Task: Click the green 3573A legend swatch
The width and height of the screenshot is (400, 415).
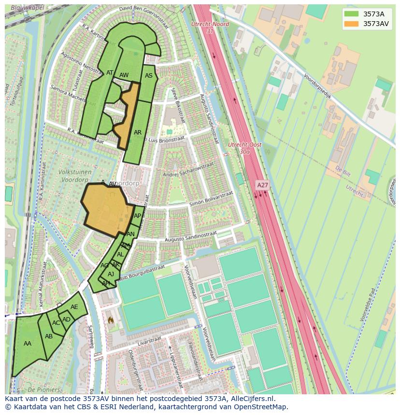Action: pyautogui.click(x=351, y=14)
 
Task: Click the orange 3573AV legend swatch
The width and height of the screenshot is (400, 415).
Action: pyautogui.click(x=351, y=24)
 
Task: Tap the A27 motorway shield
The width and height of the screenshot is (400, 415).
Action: pyautogui.click(x=262, y=185)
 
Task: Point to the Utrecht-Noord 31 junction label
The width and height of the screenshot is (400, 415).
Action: pyautogui.click(x=210, y=27)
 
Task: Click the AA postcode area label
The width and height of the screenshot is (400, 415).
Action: pyautogui.click(x=28, y=344)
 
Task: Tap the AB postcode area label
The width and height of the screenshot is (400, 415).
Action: pyautogui.click(x=49, y=336)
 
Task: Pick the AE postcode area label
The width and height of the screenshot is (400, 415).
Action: pyautogui.click(x=74, y=307)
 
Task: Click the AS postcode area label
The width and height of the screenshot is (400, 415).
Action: pyautogui.click(x=149, y=76)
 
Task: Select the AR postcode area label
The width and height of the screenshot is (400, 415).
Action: pyautogui.click(x=138, y=133)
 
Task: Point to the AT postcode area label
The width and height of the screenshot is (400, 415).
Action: pyautogui.click(x=110, y=73)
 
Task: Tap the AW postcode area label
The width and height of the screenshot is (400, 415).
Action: pyautogui.click(x=124, y=75)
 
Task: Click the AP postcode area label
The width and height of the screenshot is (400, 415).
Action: pyautogui.click(x=138, y=216)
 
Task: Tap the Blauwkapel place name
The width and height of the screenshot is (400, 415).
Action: pyautogui.click(x=27, y=8)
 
